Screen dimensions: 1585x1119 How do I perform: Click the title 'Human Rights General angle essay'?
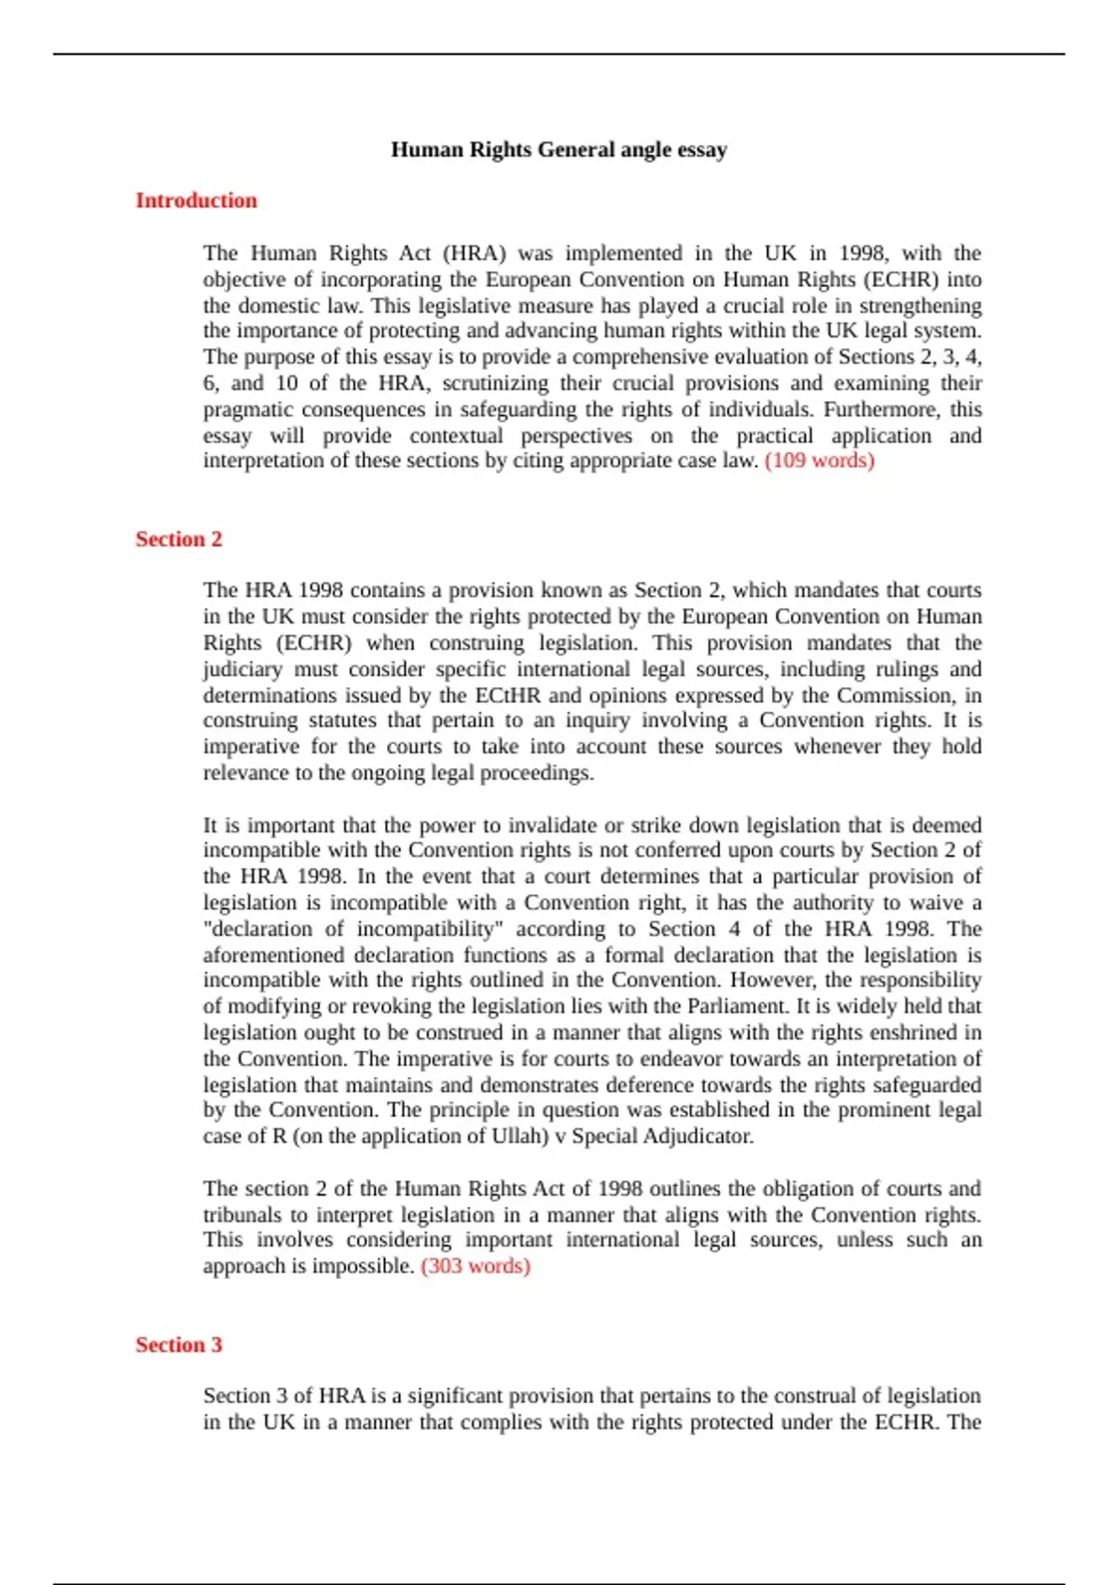coord(559,150)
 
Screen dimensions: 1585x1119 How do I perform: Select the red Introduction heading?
coord(196,200)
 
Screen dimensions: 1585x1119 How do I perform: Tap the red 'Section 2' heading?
coord(179,539)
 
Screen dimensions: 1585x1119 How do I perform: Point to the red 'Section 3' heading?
coord(179,1344)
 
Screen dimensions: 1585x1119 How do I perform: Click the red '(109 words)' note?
coord(820,461)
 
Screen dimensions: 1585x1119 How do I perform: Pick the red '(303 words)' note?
coord(476,1266)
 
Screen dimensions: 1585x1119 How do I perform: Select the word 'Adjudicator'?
coord(697,1137)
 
